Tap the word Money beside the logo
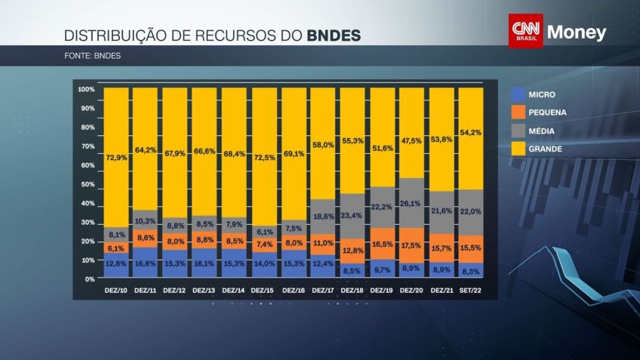[x=577, y=32]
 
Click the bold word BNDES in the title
[x=334, y=35]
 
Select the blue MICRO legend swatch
[x=518, y=94]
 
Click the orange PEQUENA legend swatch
[x=518, y=112]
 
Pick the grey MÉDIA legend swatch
[x=518, y=131]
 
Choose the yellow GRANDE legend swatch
[x=518, y=149]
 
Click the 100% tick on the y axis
[x=86, y=90]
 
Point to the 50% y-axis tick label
[x=88, y=184]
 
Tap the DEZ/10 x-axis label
[x=116, y=291]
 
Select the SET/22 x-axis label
[x=471, y=291]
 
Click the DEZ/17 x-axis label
[x=323, y=291]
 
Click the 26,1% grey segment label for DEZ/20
[x=411, y=204]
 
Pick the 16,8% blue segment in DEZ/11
[x=146, y=263]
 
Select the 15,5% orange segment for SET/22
[x=471, y=248]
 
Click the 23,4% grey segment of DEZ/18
[x=352, y=215]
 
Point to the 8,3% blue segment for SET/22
[x=471, y=270]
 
